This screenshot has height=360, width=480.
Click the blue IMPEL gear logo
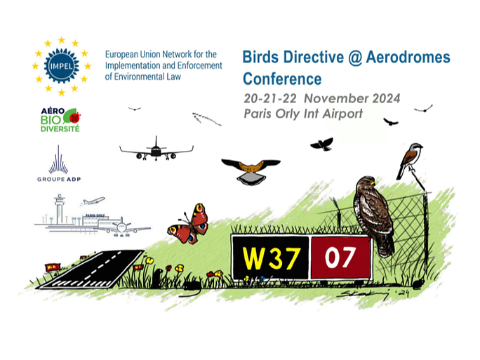click(x=62, y=66)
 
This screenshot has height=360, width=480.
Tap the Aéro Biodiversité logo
click(x=60, y=120)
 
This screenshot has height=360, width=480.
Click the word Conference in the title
click(x=282, y=79)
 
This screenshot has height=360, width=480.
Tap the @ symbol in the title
click(x=355, y=58)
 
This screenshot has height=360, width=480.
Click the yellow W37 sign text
click(x=271, y=258)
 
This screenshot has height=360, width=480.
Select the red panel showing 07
click(x=341, y=257)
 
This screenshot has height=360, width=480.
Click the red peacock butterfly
click(x=189, y=225)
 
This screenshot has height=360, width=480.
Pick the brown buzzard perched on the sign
click(x=373, y=216)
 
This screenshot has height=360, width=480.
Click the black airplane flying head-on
click(x=156, y=150)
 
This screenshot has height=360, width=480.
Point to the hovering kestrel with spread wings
click(x=251, y=171)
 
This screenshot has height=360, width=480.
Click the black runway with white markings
click(x=91, y=269)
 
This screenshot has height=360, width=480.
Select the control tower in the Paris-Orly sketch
click(x=60, y=209)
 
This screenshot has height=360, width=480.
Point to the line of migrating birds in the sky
click(x=206, y=119)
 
